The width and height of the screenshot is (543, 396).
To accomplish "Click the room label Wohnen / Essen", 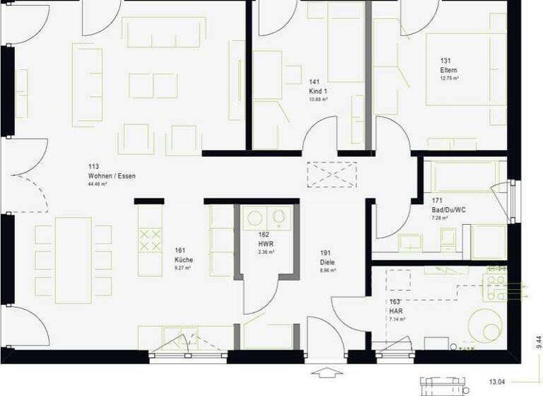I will click(112, 175).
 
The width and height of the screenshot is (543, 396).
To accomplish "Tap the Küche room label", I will click(183, 260).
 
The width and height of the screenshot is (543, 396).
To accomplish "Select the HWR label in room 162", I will click(265, 243).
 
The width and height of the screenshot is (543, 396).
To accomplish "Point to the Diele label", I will click(327, 261).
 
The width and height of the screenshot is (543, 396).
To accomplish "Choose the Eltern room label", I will click(448, 71).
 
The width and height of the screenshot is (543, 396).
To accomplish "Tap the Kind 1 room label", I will click(318, 91).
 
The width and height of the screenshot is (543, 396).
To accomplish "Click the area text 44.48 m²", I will click(98, 185).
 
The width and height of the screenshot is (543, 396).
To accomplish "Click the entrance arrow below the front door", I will click(326, 372).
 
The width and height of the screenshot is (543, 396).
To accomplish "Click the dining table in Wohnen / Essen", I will click(73, 260).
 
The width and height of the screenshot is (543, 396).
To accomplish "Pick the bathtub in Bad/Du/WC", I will click(464, 177).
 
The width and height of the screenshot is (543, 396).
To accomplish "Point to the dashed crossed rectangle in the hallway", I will click(332, 174).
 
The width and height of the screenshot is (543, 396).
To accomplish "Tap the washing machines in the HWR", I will click(267, 217).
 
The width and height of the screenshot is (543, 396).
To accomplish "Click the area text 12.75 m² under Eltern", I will click(449, 79).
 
